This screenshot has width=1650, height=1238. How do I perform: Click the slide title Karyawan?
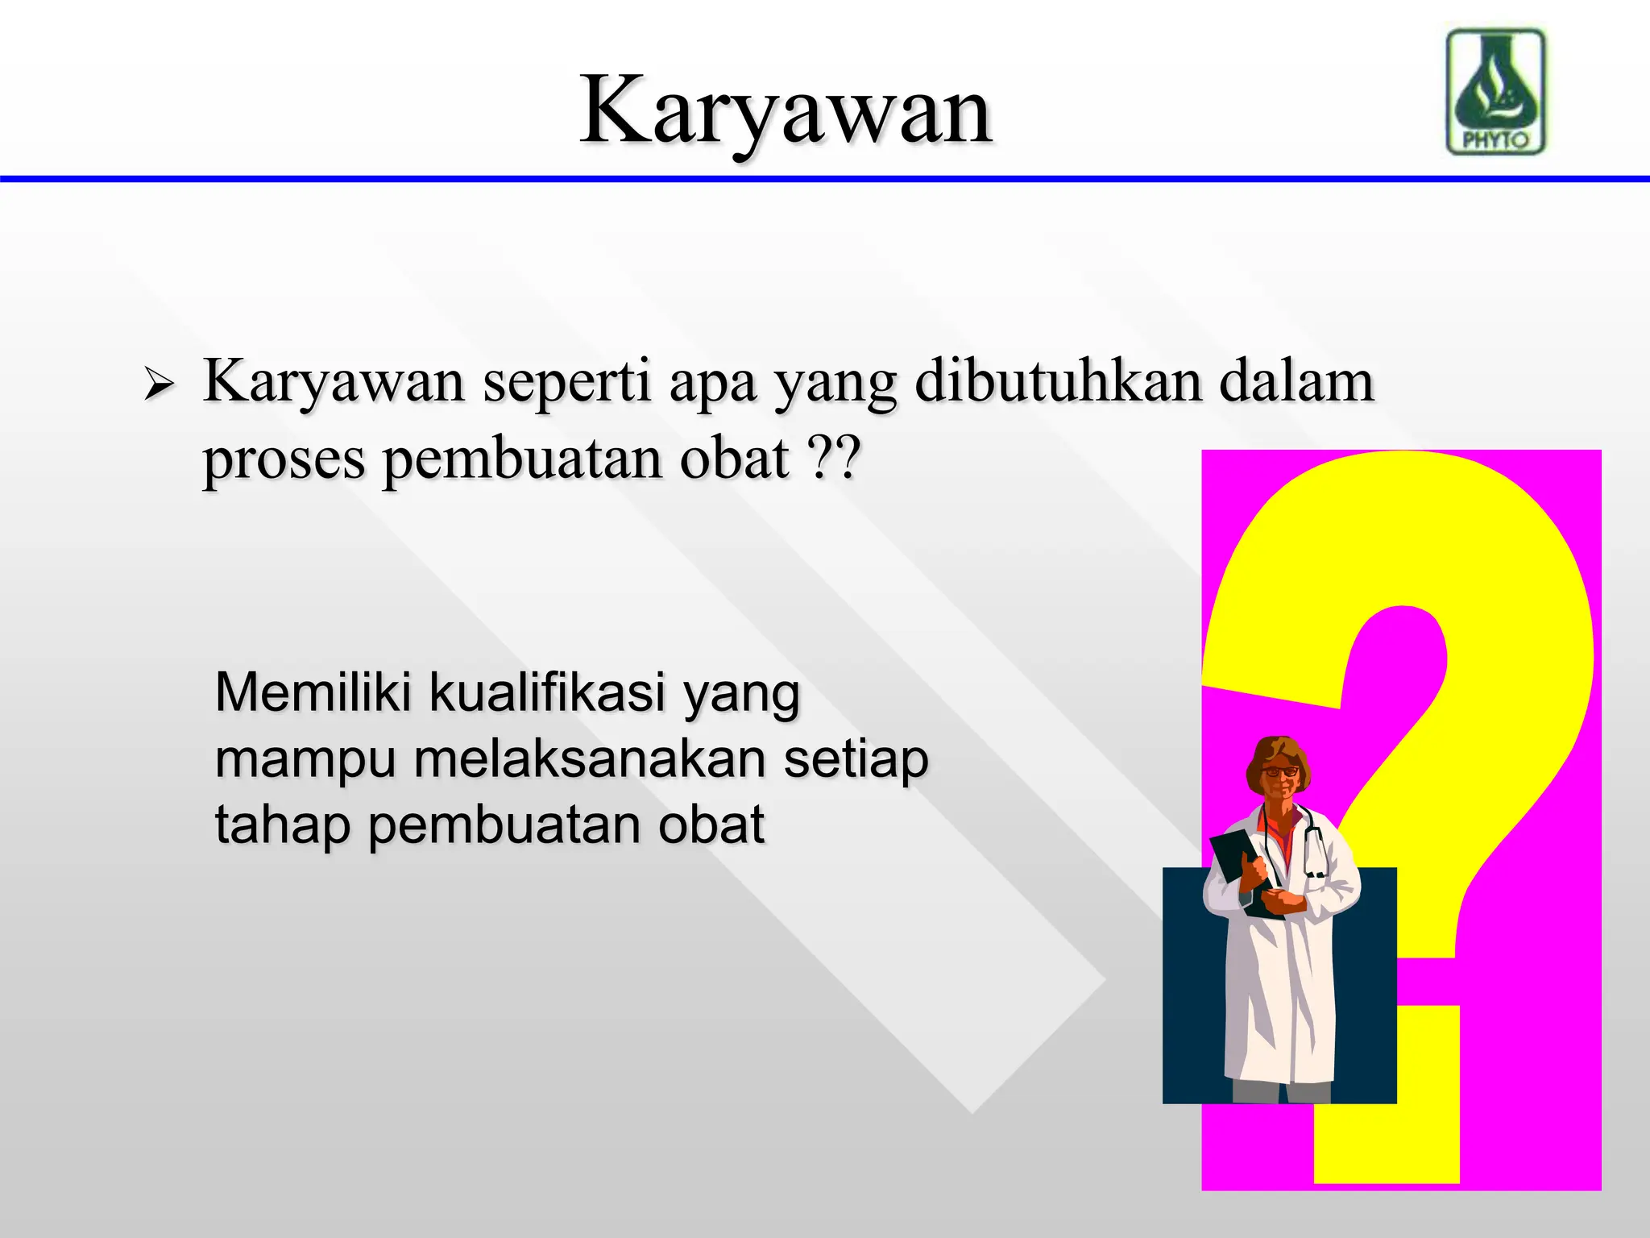pyautogui.click(x=786, y=111)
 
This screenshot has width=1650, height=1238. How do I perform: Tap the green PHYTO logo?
pyautogui.click(x=1496, y=91)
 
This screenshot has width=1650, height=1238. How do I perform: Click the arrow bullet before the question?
pyautogui.click(x=159, y=384)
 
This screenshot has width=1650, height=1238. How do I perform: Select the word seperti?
pyautogui.click(x=566, y=383)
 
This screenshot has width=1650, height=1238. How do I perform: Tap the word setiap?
pyautogui.click(x=856, y=759)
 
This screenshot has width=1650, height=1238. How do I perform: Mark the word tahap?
pyautogui.click(x=282, y=826)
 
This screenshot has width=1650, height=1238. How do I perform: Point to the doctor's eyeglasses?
pyautogui.click(x=1279, y=771)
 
